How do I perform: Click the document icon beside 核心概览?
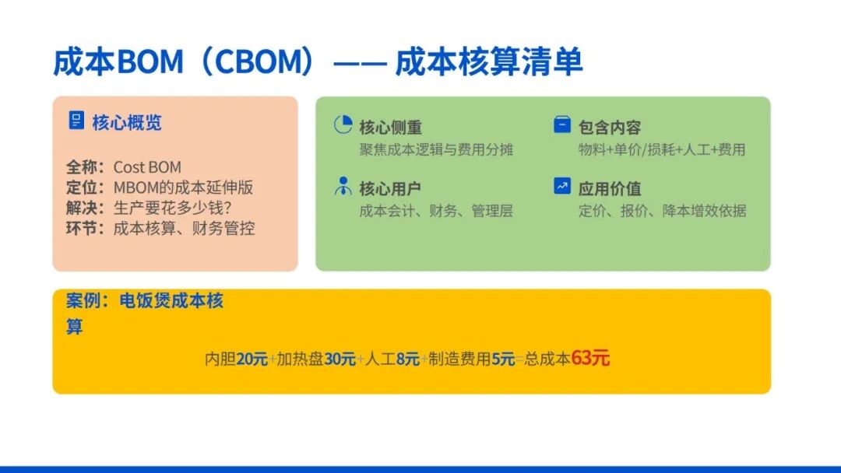[x=76, y=121]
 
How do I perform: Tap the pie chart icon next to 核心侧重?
[x=343, y=124]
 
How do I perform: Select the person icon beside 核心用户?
[x=343, y=187]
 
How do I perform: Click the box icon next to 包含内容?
[x=562, y=124]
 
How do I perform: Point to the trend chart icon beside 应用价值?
[x=562, y=186]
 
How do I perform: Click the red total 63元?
[x=590, y=358]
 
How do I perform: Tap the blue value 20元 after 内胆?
[x=252, y=359]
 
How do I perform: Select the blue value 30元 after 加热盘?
[x=340, y=359]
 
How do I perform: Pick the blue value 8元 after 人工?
[x=407, y=359]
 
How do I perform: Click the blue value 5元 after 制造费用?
[x=503, y=359]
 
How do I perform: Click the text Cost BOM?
[x=147, y=167]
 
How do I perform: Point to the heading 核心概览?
[x=127, y=123]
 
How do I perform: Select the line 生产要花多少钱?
[x=172, y=208]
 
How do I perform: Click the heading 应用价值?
[x=610, y=188]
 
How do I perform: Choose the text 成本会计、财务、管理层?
[x=436, y=211]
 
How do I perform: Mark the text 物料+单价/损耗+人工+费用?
[x=662, y=149]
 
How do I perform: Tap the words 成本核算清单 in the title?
[x=488, y=61]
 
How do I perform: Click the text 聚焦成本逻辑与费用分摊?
[x=436, y=149]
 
